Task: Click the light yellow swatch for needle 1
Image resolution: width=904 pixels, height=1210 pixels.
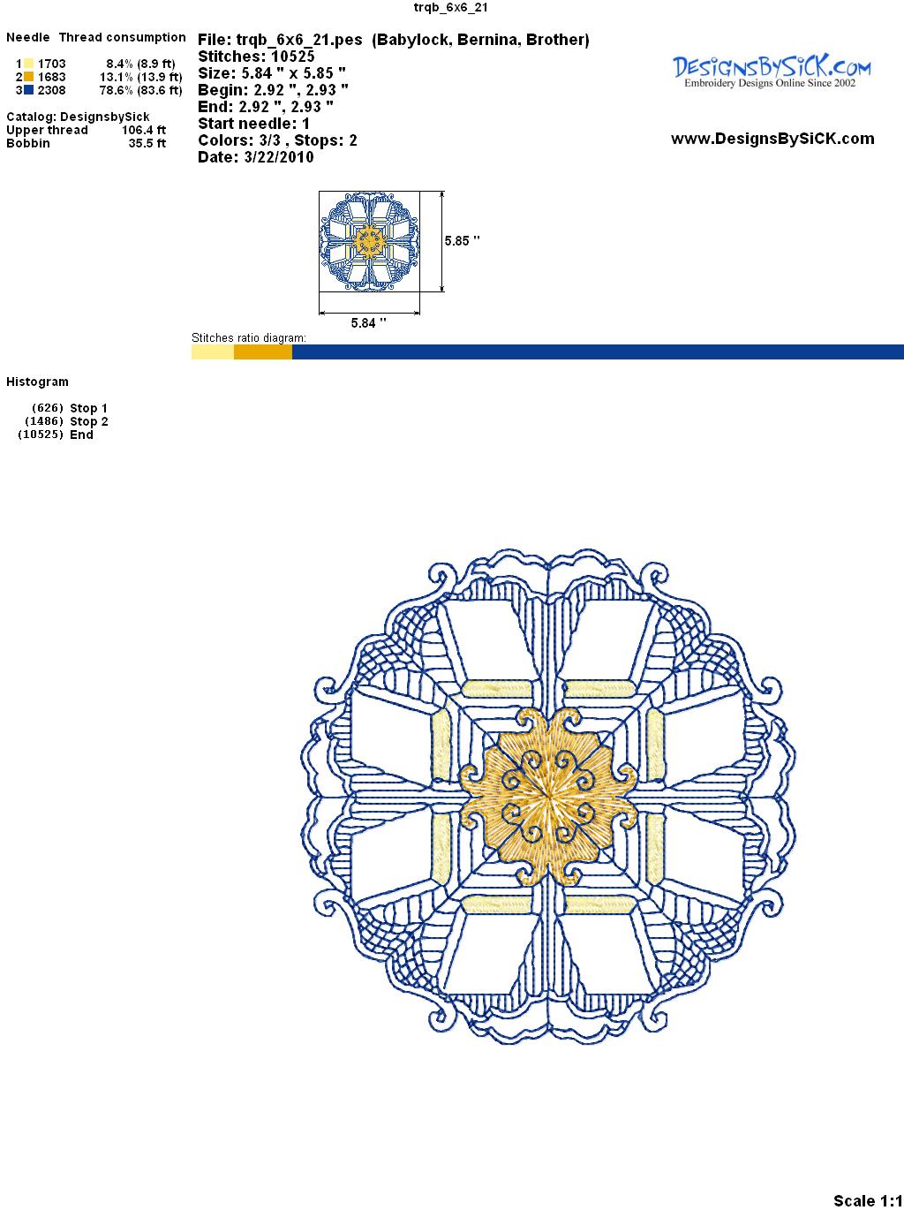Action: coord(28,64)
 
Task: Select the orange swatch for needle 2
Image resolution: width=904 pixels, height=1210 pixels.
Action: coord(28,77)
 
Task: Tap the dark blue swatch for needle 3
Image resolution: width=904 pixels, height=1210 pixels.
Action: coord(28,90)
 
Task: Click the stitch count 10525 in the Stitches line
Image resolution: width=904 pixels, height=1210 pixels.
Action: coord(292,57)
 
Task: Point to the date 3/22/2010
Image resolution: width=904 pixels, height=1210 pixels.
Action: coord(279,157)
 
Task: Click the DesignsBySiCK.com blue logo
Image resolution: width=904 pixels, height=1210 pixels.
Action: coord(772,72)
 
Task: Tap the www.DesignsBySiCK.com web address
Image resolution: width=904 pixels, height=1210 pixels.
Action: coord(772,139)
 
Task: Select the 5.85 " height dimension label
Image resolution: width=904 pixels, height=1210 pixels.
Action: coord(462,241)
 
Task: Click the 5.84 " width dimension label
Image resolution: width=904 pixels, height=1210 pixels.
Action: coord(368,322)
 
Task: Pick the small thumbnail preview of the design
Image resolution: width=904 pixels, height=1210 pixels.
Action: coord(370,241)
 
